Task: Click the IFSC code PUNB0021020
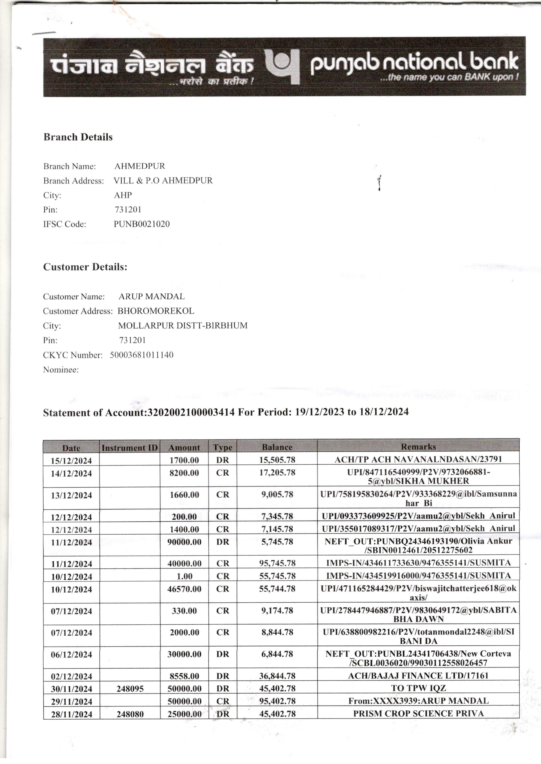point(142,224)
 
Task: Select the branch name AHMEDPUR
point(140,166)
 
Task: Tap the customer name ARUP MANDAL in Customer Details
point(152,296)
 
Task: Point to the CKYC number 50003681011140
point(142,355)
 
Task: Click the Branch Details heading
point(78,137)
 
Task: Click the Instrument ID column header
point(130,448)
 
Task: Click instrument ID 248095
point(130,689)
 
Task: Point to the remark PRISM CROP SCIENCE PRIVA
point(418,713)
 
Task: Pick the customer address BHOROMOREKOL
point(155,311)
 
